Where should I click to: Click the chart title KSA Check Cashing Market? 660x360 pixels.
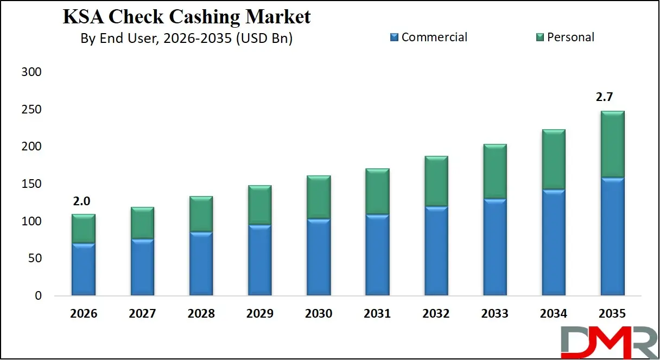(187, 16)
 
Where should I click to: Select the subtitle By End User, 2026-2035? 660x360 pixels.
(186, 39)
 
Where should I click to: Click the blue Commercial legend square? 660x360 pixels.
(394, 37)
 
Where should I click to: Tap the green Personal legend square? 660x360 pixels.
(540, 37)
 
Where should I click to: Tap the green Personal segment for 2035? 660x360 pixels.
(612, 144)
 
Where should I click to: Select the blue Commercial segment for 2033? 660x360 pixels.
(495, 247)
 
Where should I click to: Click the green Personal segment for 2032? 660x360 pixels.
(436, 181)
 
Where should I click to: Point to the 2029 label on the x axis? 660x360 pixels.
(260, 314)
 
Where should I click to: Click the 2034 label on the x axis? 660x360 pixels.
(554, 314)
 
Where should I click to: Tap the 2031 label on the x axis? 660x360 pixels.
(377, 314)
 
